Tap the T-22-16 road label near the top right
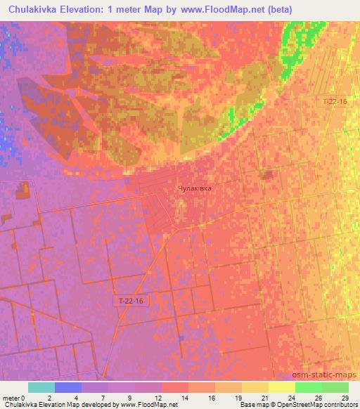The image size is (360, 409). [335, 102]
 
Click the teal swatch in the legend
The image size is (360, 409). [41, 387]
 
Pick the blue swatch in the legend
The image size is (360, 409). [68, 387]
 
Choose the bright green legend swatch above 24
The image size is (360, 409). [308, 387]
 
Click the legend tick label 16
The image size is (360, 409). [209, 397]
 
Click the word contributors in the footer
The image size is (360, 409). [340, 405]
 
